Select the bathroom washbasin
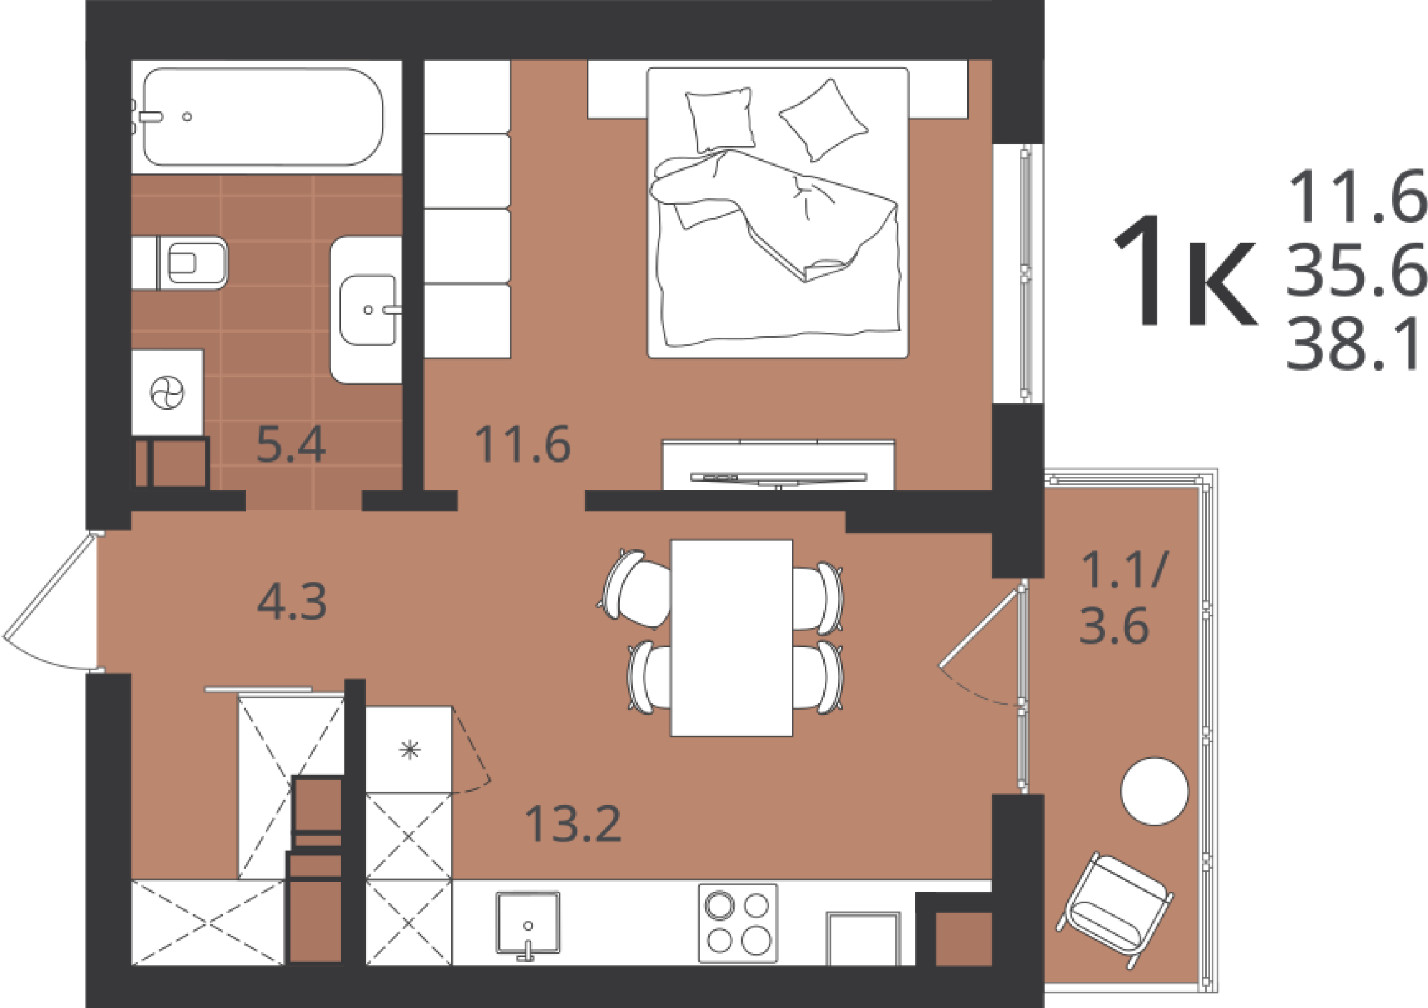click(366, 310)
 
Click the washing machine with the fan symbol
click(168, 393)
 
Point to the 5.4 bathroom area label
click(291, 445)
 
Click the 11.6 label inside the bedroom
click(523, 445)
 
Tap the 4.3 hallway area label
click(292, 601)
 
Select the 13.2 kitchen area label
click(573, 824)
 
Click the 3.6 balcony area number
click(1114, 626)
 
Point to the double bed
click(778, 213)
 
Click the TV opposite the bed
click(778, 477)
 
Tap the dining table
click(732, 637)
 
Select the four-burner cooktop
click(738, 923)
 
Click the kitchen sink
click(528, 924)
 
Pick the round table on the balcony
click(1155, 791)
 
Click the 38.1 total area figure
click(1354, 346)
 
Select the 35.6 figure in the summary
click(1356, 271)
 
